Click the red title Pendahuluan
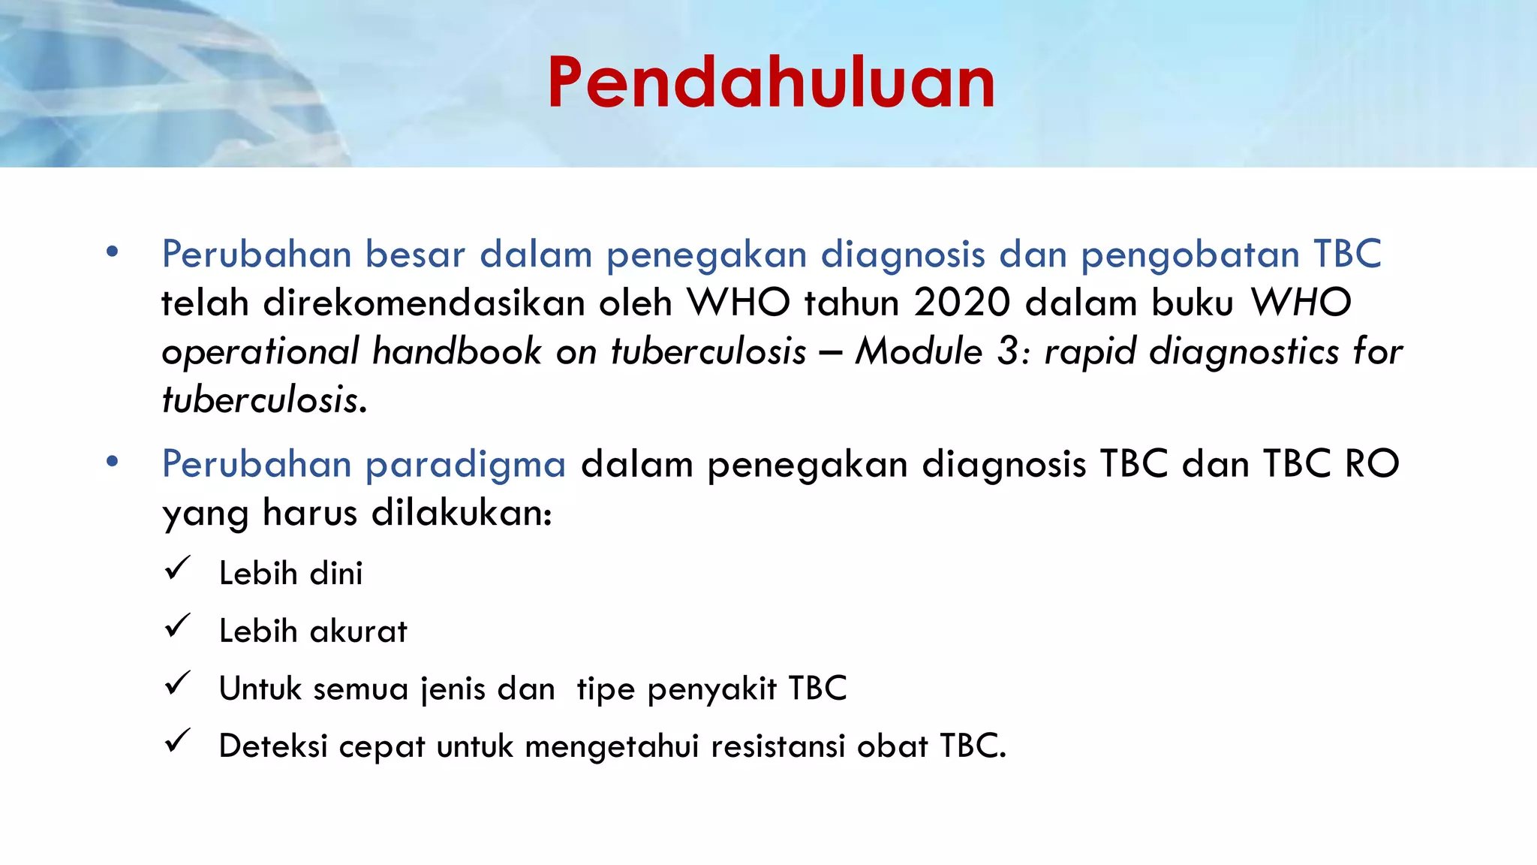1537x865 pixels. (x=771, y=83)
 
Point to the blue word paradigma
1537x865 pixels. (x=465, y=465)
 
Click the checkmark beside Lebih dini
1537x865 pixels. (x=178, y=568)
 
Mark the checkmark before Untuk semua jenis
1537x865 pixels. (x=178, y=683)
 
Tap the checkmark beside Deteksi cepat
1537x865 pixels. (x=178, y=741)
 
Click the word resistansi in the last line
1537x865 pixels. (x=778, y=746)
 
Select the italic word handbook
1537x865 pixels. (x=456, y=351)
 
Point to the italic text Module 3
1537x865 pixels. (x=943, y=351)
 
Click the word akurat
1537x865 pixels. (x=359, y=631)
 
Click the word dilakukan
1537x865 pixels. (x=461, y=513)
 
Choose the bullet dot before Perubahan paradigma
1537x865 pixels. (x=113, y=462)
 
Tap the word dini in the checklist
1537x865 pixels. (x=336, y=574)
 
